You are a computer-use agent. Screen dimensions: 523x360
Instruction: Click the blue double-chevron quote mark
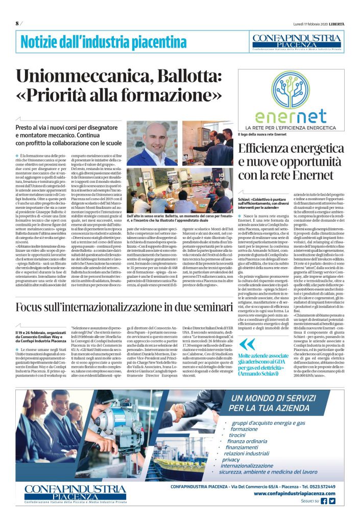[248, 330]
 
